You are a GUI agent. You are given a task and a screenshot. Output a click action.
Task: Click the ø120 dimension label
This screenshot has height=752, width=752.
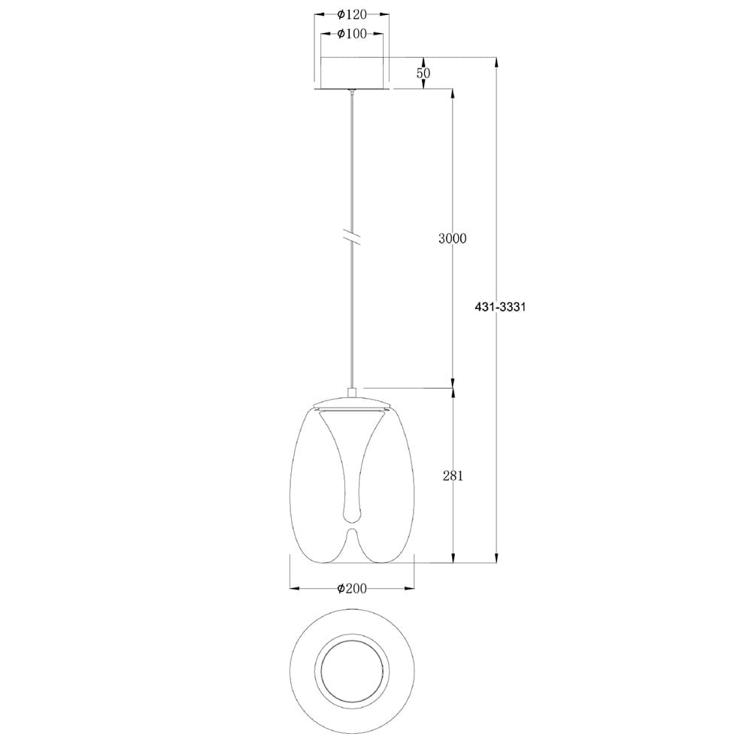tap(352, 14)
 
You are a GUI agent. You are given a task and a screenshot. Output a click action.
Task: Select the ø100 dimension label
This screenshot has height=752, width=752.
tap(352, 34)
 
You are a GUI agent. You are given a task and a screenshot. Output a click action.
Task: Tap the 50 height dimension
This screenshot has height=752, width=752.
tap(423, 73)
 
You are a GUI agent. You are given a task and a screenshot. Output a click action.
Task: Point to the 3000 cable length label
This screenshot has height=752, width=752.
tap(452, 239)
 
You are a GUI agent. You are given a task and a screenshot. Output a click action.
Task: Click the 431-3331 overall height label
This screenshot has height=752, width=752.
tap(499, 307)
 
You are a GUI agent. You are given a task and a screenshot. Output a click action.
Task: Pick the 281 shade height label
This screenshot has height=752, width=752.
tap(452, 475)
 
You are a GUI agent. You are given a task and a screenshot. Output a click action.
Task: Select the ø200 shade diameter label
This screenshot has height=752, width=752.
tap(352, 589)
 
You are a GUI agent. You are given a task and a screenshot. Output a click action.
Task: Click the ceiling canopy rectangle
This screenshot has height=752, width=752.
tap(352, 73)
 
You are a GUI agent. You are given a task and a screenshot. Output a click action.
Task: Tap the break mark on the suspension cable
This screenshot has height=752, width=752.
tap(352, 236)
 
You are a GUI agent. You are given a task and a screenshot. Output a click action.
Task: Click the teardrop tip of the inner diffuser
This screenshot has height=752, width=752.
tap(352, 514)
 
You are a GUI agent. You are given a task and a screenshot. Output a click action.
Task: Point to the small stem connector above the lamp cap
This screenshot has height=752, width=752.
tap(352, 392)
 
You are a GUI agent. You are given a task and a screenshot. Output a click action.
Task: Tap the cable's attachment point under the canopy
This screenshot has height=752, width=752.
tap(352, 92)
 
